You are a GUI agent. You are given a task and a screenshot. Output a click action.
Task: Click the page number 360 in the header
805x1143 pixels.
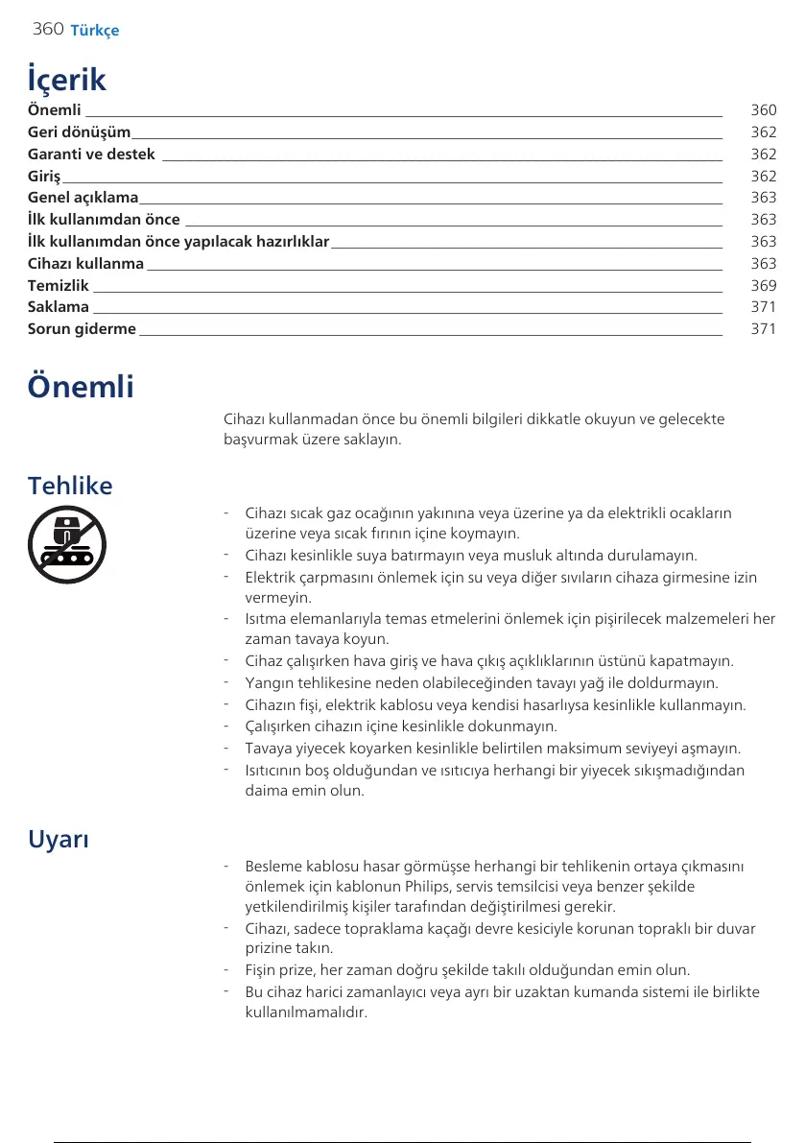pos(48,29)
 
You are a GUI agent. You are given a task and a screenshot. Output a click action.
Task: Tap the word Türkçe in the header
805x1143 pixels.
pos(95,31)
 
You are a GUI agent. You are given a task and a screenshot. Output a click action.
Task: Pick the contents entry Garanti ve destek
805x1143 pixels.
pos(91,155)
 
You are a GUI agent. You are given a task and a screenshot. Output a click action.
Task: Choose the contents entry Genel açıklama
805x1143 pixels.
pos(83,198)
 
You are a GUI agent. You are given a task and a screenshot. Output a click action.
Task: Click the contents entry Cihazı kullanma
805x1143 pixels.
pos(85,263)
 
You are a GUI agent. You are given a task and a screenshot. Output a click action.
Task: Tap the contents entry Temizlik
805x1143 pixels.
pos(58,285)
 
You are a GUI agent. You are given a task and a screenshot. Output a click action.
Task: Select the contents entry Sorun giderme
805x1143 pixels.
pos(82,329)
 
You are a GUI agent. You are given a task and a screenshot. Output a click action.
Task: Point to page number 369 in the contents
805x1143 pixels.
pos(764,285)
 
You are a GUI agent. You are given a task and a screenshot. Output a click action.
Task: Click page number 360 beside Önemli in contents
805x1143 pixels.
pos(764,110)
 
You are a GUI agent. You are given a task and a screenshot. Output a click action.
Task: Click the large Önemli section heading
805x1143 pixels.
pos(81,388)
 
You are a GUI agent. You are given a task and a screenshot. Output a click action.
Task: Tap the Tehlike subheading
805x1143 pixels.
pos(70,486)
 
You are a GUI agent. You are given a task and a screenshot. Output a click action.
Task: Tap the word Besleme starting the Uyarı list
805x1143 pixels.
pos(272,867)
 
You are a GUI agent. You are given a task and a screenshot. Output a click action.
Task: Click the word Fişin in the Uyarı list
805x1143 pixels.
pos(262,970)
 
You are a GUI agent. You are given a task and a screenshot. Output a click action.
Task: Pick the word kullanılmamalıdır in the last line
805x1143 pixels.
pos(306,1012)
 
